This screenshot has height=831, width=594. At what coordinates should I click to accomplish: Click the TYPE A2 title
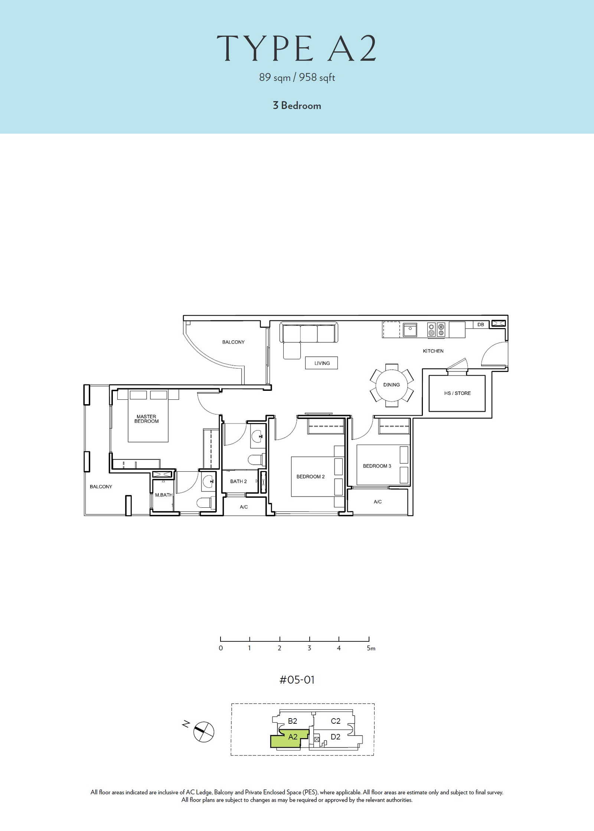297,49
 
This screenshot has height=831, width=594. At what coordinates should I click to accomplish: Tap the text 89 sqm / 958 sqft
297,77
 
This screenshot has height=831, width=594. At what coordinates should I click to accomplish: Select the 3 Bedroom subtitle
297,105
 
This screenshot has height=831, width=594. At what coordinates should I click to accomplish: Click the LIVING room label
322,363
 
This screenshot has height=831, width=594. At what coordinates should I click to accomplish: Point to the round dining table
392,385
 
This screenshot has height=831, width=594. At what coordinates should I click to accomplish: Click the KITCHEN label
433,351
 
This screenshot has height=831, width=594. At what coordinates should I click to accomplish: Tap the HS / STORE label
457,393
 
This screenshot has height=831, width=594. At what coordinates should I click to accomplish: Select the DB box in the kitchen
481,324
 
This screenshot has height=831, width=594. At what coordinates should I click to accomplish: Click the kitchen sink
410,330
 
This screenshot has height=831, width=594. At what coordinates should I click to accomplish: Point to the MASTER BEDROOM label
146,419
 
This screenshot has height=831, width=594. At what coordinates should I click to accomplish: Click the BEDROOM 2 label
310,477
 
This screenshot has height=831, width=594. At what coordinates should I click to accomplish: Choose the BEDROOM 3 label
377,466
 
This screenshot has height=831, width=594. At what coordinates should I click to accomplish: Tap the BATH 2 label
238,481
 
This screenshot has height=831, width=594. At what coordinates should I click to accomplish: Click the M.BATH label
164,495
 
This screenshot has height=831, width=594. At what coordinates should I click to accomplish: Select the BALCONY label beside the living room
234,342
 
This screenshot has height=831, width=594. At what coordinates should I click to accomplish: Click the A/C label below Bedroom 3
378,502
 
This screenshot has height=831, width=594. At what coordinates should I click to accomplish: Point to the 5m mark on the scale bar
371,648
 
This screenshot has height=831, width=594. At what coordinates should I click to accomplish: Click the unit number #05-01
297,680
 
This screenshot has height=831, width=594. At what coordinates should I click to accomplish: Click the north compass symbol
204,732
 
